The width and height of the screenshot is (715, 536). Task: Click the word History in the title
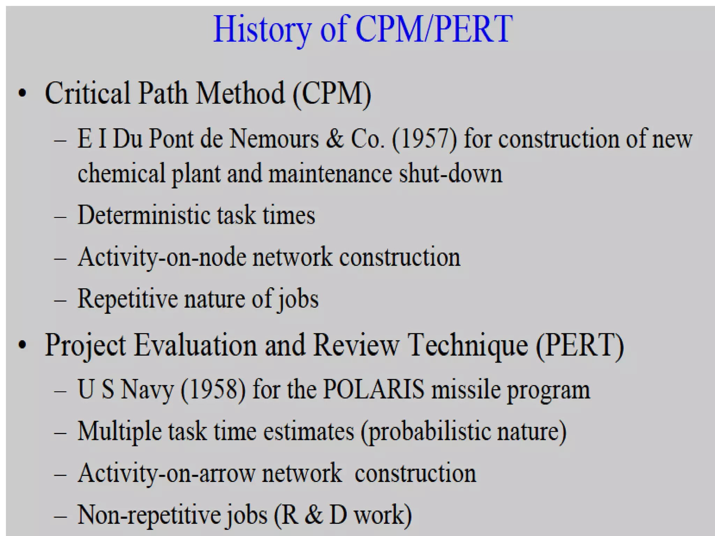click(x=262, y=29)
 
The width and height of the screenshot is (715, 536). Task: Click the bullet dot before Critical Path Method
click(x=23, y=94)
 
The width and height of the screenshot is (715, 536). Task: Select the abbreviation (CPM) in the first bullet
click(x=332, y=94)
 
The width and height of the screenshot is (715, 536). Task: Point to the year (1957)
click(x=424, y=139)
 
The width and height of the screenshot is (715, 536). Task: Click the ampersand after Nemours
click(x=335, y=139)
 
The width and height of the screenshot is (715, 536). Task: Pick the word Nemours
click(x=274, y=139)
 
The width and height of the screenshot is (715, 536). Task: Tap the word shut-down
click(x=451, y=173)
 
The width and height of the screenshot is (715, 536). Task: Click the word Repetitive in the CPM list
click(x=127, y=299)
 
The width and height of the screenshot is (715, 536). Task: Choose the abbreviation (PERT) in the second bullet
click(x=580, y=345)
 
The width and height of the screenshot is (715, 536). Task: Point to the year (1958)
click(x=213, y=389)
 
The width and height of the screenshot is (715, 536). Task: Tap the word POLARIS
click(x=374, y=389)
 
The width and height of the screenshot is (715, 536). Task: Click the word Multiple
click(x=119, y=431)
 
